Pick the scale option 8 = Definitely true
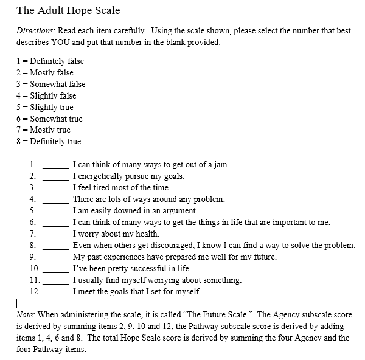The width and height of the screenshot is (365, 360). tap(49, 141)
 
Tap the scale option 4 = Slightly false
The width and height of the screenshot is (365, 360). tap(46, 95)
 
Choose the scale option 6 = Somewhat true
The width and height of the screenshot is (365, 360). tap(49, 119)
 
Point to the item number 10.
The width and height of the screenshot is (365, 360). tap(34, 268)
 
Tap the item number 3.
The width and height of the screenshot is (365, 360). tap(32, 187)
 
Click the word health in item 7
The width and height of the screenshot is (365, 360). tap(145, 234)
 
